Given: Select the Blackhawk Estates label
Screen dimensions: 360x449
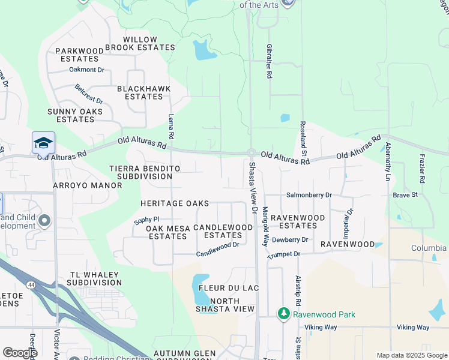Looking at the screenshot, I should click(x=144, y=92).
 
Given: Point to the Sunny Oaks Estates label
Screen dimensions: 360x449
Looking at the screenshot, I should click(x=75, y=115).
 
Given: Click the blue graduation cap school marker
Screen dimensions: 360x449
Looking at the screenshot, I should click(x=44, y=143).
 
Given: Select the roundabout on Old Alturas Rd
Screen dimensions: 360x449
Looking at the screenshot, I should click(x=252, y=154).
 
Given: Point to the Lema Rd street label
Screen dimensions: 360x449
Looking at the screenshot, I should click(x=172, y=128).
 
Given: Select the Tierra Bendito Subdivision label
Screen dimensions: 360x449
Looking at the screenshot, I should click(x=144, y=173).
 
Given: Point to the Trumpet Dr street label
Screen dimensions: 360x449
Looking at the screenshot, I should click(x=285, y=254).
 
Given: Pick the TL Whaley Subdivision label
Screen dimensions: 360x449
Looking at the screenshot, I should click(x=95, y=278).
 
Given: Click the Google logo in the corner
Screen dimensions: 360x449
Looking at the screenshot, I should click(x=20, y=353).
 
